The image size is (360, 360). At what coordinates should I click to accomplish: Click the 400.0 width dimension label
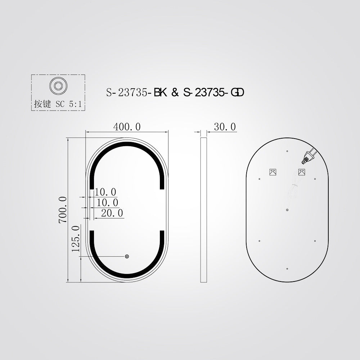127,127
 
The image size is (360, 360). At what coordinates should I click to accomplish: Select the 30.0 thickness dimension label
225,127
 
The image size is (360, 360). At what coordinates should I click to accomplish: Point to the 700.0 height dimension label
63,210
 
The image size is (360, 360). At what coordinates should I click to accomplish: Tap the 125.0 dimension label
76,238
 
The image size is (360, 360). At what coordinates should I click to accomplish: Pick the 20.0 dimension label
112,213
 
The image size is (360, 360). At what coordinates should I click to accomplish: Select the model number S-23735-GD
213,93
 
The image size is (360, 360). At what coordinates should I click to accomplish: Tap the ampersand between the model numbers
175,93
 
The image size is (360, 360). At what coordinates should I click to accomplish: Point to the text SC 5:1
69,104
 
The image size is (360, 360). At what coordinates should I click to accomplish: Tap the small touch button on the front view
127,256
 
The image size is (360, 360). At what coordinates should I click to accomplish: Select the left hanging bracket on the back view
273,172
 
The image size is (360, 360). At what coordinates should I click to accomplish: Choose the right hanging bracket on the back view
302,172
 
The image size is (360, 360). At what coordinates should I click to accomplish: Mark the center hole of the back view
287,210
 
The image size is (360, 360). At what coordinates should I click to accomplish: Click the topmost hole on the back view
287,151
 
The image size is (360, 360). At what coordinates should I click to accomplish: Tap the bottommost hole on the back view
287,269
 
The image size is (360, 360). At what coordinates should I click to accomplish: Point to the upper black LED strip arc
127,145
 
